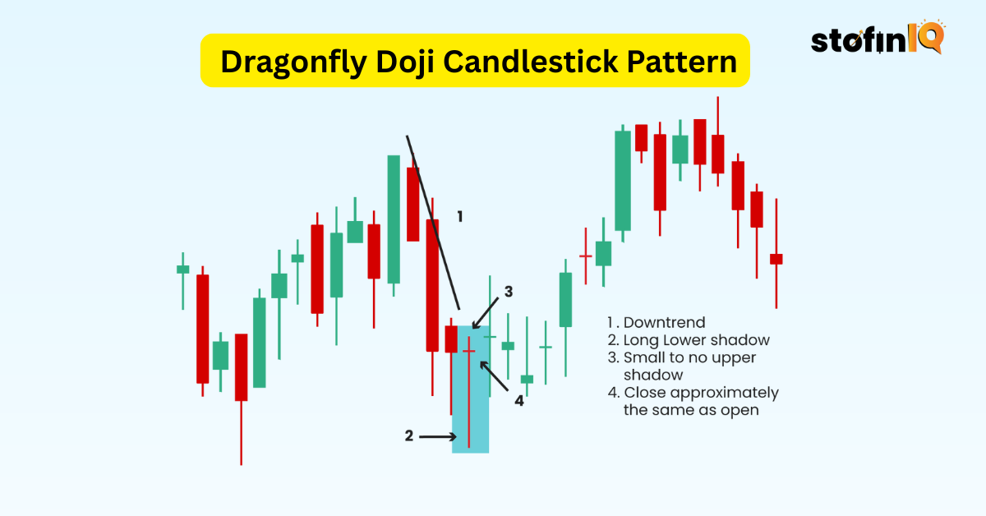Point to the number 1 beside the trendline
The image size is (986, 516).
pyautogui.click(x=460, y=217)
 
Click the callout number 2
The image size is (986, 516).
pyautogui.click(x=409, y=436)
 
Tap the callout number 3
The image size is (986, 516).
pyautogui.click(x=509, y=291)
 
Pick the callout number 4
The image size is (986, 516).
pyautogui.click(x=519, y=401)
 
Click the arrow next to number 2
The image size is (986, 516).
pyautogui.click(x=437, y=436)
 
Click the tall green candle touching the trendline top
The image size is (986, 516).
pyautogui.click(x=394, y=219)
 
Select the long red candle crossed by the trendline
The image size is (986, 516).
pyautogui.click(x=432, y=284)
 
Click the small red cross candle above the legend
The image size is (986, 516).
pyautogui.click(x=586, y=256)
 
